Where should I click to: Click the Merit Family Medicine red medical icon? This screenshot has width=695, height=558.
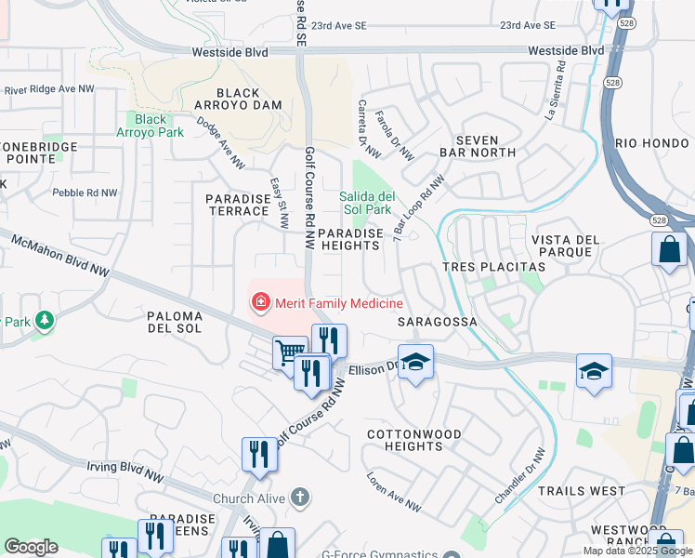pyautogui.click(x=261, y=302)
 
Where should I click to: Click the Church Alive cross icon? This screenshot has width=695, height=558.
pyautogui.click(x=299, y=498)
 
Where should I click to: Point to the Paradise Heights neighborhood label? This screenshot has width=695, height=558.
pyautogui.click(x=348, y=239)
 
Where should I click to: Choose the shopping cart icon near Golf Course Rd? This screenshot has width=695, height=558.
pyautogui.click(x=290, y=353)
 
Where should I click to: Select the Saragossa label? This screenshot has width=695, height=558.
pyautogui.click(x=437, y=322)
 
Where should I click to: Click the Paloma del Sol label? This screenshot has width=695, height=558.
pyautogui.click(x=187, y=322)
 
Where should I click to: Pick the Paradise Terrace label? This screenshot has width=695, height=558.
pyautogui.click(x=237, y=205)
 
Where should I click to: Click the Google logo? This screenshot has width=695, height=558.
pyautogui.click(x=31, y=547)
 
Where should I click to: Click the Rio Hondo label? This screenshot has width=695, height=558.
pyautogui.click(x=651, y=143)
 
